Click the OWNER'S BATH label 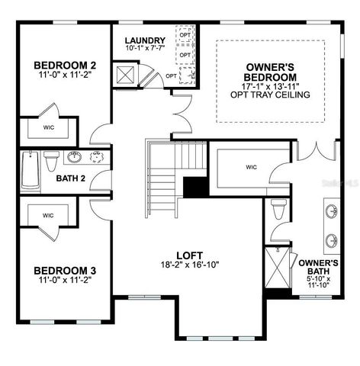click(319, 267)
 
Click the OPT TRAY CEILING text click(270, 95)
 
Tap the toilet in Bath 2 click(52, 162)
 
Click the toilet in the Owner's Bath click(279, 209)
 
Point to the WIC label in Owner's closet click(252, 166)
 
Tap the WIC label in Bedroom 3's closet click(47, 216)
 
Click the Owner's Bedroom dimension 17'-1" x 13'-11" click(270, 86)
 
